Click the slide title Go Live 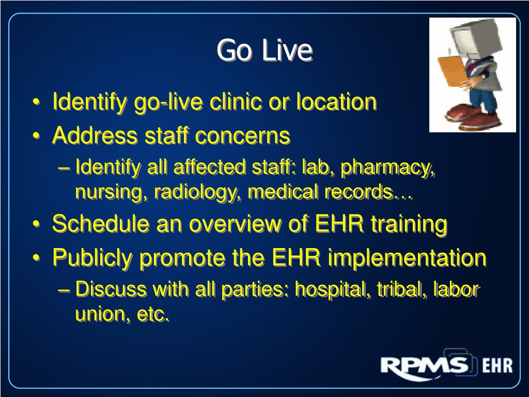coord(264,51)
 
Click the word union coord(99,314)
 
